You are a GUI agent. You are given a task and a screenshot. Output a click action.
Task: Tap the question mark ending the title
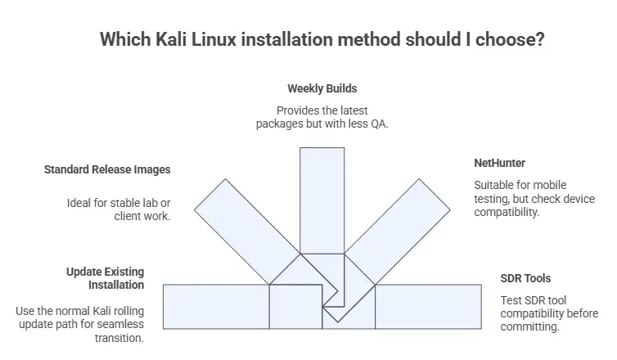coord(540,40)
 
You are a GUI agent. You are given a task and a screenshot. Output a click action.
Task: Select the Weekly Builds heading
coord(322,88)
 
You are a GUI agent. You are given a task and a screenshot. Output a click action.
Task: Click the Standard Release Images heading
coord(106,170)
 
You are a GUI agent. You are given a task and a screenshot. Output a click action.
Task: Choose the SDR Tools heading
coord(525,278)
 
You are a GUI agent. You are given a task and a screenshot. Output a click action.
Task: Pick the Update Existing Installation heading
coord(106,278)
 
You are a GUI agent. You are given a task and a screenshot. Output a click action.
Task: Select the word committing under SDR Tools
coord(529,326)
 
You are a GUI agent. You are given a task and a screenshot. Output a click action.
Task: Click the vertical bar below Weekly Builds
coord(322,196)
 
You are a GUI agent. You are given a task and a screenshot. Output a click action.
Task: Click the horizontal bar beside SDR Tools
coord(427,306)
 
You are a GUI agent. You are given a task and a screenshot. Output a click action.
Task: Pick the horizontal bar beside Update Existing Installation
coord(216,306)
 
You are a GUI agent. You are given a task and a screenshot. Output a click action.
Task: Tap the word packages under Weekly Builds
coord(277,124)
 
